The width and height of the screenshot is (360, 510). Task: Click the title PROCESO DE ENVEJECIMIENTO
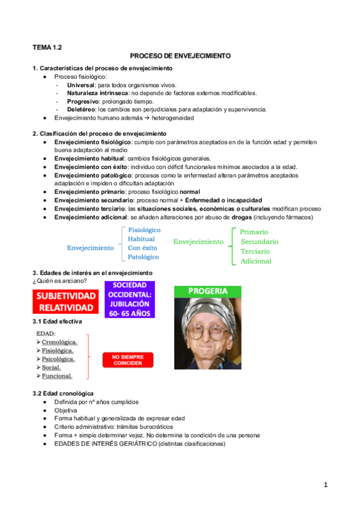(180, 55)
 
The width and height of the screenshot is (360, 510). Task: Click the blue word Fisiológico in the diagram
(144, 230)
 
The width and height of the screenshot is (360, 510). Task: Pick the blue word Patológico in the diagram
(144, 257)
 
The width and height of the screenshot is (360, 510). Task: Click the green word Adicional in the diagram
(256, 261)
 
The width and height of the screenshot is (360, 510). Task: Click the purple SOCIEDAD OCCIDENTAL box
(130, 300)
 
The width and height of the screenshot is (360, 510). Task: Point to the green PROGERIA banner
(207, 291)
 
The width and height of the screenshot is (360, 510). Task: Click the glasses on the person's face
(207, 331)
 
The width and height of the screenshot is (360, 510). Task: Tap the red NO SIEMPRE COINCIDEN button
(127, 360)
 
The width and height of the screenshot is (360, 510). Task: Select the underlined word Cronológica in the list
(59, 342)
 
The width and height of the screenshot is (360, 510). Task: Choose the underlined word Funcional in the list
(57, 376)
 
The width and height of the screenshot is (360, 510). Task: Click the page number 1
(325, 485)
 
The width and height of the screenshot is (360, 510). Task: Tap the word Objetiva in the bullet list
(66, 410)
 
